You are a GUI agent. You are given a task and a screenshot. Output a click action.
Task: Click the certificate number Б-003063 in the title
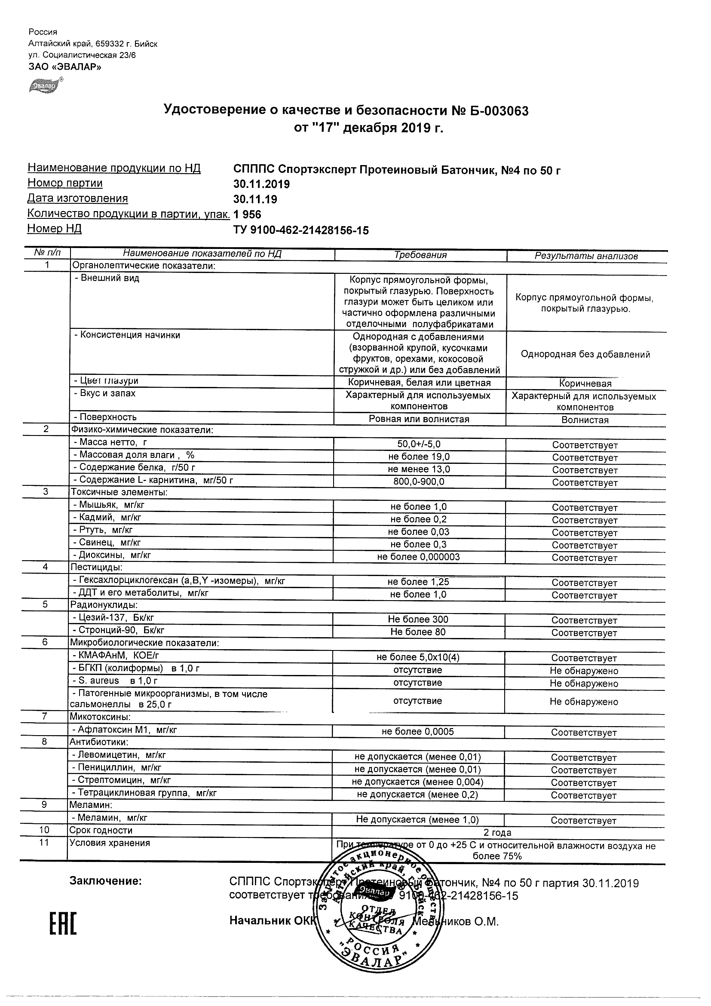tap(496, 111)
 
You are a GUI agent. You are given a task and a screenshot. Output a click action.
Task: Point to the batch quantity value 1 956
tap(247, 215)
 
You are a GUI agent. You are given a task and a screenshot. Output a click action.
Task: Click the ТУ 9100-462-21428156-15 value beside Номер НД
tap(301, 230)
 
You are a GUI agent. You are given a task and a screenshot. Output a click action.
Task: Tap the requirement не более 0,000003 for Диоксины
tap(418, 557)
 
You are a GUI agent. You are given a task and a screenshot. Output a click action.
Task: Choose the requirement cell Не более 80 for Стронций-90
tap(418, 632)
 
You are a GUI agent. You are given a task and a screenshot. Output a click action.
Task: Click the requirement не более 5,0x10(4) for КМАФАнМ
tap(418, 657)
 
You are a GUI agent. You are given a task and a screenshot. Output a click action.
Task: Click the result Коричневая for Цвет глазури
tap(585, 384)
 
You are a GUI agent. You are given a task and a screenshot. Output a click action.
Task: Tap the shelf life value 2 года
tap(497, 832)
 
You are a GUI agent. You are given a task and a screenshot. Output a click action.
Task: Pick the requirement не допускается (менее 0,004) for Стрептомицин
tap(417, 782)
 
